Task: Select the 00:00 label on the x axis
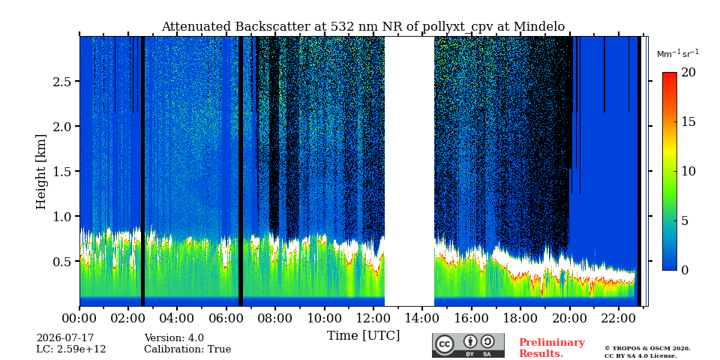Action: [79, 317]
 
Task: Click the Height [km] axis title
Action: [41, 172]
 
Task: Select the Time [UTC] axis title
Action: [363, 336]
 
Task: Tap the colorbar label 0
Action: [685, 270]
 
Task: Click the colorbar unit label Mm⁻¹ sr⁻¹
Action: [678, 53]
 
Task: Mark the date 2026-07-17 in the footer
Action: [65, 338]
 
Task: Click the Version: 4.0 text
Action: [174, 338]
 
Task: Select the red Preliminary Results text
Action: [552, 348]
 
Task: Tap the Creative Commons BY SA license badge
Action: [468, 345]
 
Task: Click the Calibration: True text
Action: [187, 349]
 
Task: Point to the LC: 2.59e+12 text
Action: [71, 349]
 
